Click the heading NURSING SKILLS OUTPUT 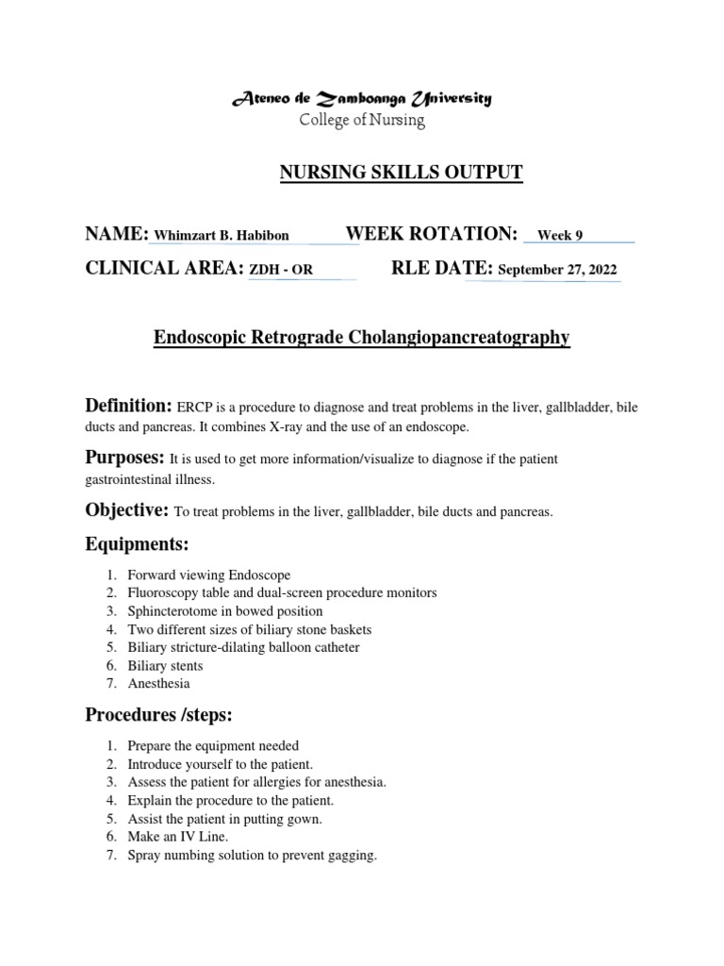tap(401, 172)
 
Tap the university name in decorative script tap(361, 99)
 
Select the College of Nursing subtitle tap(362, 121)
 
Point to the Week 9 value tap(560, 236)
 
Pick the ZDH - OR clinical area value tap(280, 271)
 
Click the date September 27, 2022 tap(557, 271)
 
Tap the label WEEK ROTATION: tap(432, 234)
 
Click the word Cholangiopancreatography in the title tap(460, 337)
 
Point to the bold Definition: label tap(128, 406)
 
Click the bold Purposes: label tap(125, 458)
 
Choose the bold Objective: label tap(126, 510)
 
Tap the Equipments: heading tap(137, 545)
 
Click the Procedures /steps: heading tap(158, 715)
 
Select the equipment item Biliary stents tap(166, 666)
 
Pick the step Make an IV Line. tap(178, 837)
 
